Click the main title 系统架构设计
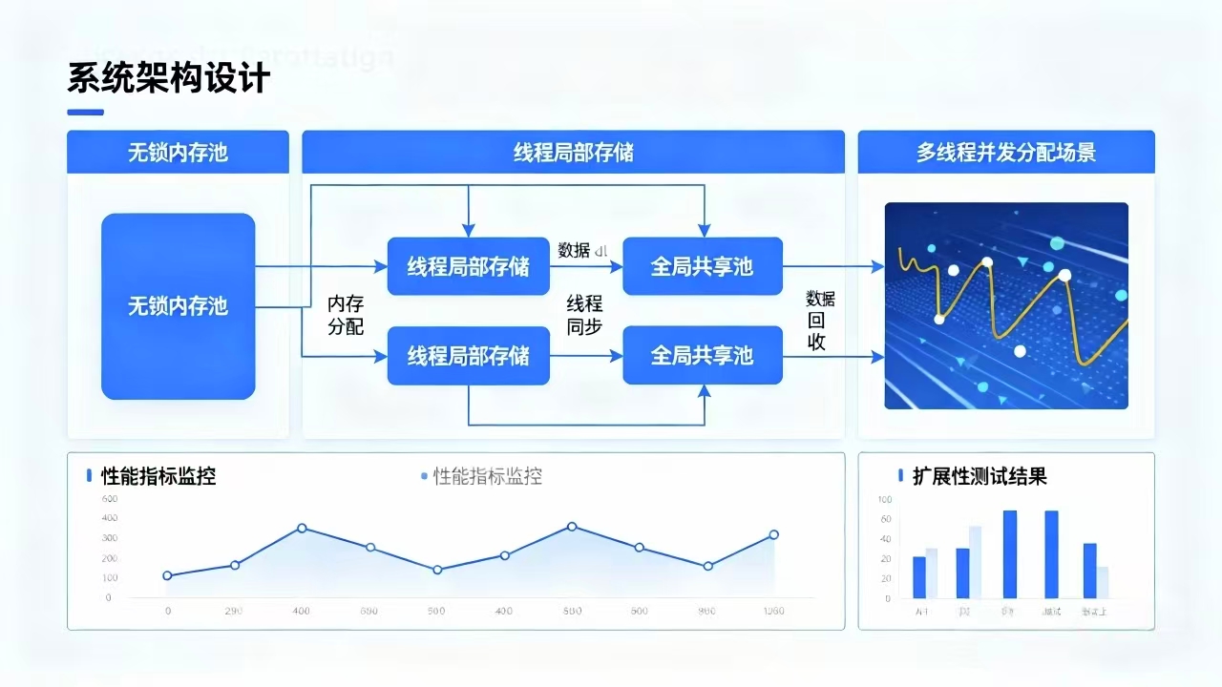tap(169, 78)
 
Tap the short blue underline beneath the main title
tap(86, 113)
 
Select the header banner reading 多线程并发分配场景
tap(1006, 153)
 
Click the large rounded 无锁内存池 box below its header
tap(179, 306)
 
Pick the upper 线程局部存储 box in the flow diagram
tap(468, 266)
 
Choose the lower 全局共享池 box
tap(702, 356)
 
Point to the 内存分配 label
tap(346, 315)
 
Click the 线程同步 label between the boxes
tap(584, 315)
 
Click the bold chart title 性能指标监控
tap(158, 476)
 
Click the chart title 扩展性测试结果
tap(980, 476)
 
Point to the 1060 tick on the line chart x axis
tap(773, 611)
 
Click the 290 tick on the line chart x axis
tap(234, 611)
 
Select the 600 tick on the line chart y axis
tap(109, 499)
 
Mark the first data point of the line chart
tap(167, 575)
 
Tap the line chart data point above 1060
tap(773, 534)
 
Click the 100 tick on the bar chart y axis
tap(883, 499)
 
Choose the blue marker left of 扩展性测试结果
tap(900, 475)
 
